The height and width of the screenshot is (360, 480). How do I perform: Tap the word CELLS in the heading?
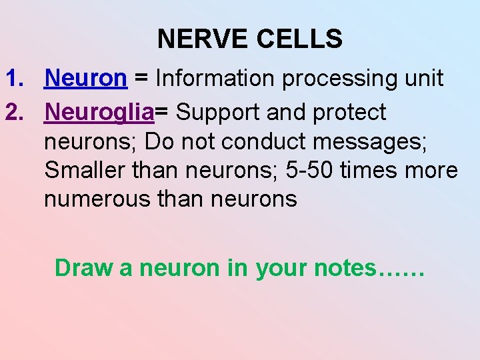click(x=299, y=39)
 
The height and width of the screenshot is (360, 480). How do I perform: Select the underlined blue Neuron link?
click(x=85, y=79)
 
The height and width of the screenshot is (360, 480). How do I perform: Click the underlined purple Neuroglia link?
click(x=99, y=113)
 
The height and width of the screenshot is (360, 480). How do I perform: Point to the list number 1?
click(x=15, y=79)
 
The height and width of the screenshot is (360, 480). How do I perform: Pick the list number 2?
click(x=15, y=113)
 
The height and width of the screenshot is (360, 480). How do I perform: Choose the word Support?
click(x=218, y=113)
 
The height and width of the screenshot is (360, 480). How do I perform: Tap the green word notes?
click(x=345, y=267)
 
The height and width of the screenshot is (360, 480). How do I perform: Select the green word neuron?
click(x=177, y=267)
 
